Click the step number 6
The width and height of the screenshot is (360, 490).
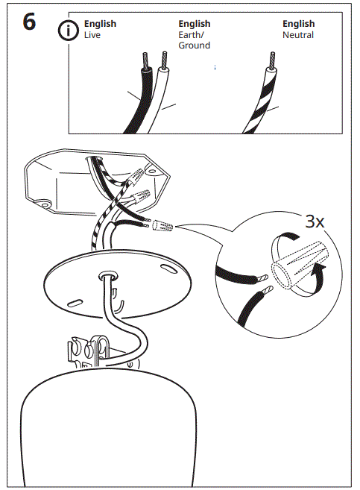pos(28,22)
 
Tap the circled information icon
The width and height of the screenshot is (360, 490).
pos(69,31)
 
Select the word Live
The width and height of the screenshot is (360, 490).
pos(92,35)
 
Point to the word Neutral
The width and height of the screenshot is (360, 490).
pos(298,35)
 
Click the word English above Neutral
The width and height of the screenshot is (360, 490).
pos(298,24)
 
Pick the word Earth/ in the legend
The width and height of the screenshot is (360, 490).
pos(192,35)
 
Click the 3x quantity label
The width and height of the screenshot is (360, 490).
pos(315,222)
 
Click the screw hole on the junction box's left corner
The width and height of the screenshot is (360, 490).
pos(44,204)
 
